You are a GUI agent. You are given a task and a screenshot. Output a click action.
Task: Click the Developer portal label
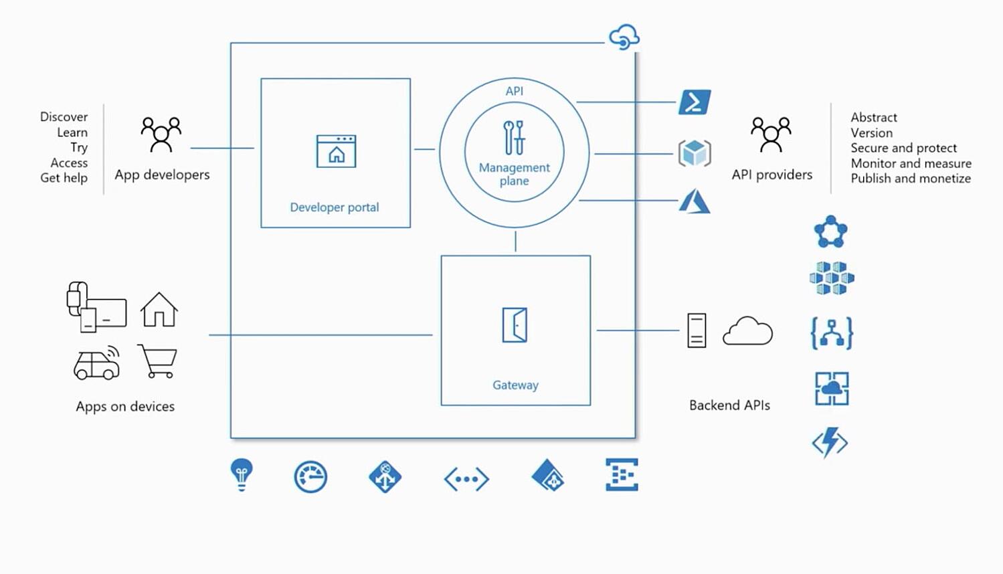click(x=335, y=207)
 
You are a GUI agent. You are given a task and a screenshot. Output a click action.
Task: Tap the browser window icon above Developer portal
click(x=336, y=151)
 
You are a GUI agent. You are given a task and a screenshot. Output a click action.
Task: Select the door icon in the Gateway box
click(x=515, y=325)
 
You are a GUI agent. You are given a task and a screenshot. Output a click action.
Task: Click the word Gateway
click(x=515, y=385)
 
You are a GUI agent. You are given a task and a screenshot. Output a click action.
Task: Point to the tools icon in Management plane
click(x=514, y=137)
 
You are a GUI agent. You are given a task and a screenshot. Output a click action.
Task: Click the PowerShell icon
click(x=695, y=102)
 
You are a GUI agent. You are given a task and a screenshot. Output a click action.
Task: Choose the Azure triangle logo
click(x=695, y=201)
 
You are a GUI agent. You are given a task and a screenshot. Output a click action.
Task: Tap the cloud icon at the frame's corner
click(x=624, y=37)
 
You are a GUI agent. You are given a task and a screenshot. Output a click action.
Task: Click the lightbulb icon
click(x=242, y=474)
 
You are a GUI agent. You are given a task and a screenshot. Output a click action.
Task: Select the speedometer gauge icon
click(x=310, y=477)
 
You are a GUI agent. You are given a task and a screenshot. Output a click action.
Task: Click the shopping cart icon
click(x=158, y=361)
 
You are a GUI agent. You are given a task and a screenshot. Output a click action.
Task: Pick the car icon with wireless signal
click(x=97, y=363)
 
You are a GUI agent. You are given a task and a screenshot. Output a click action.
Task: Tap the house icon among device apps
click(x=159, y=310)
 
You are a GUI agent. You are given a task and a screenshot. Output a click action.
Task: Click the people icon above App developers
click(x=161, y=134)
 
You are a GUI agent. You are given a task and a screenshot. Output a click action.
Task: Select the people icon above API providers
click(x=771, y=134)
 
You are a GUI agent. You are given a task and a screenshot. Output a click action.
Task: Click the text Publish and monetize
click(x=910, y=179)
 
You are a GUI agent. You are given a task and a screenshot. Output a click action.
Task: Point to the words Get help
click(x=64, y=178)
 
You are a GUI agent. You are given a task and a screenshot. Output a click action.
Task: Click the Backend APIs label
click(x=729, y=405)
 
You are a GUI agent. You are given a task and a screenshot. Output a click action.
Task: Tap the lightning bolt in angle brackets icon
click(x=830, y=443)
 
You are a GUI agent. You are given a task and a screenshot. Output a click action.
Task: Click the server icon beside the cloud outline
click(x=697, y=330)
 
